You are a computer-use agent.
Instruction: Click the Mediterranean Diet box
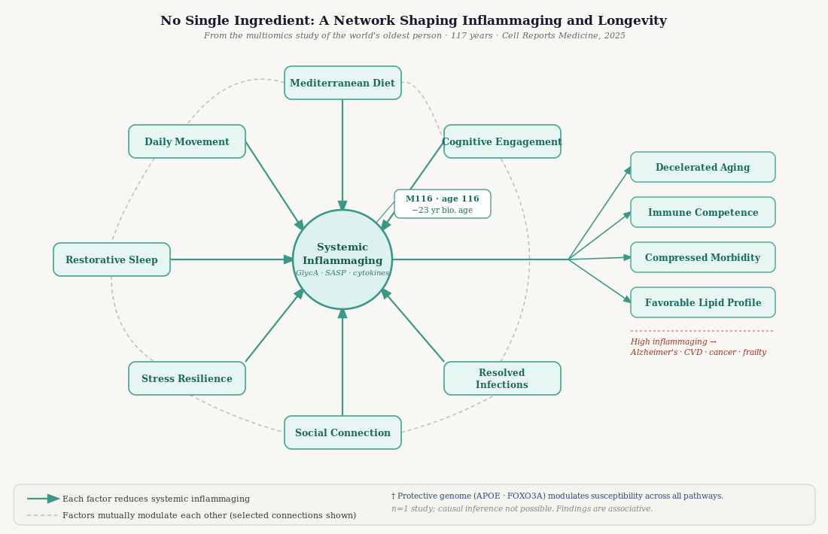(342, 83)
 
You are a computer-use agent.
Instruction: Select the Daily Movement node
(187, 141)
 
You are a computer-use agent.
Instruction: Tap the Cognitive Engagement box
(502, 141)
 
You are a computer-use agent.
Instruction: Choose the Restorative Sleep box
(111, 259)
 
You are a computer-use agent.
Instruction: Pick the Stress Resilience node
(187, 378)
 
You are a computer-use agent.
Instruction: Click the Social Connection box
(342, 432)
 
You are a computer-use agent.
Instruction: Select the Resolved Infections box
(502, 378)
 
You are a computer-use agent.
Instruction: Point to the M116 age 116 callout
(443, 204)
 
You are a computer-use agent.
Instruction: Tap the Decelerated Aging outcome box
(702, 167)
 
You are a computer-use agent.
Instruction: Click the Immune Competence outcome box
(702, 212)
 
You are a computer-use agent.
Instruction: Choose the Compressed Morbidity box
(702, 257)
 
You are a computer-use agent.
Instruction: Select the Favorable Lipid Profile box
(702, 302)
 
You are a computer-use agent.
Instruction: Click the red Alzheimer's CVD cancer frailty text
(698, 352)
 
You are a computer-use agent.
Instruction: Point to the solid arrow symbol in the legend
(44, 499)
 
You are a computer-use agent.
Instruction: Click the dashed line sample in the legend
(42, 515)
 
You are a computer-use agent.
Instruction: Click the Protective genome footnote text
(557, 496)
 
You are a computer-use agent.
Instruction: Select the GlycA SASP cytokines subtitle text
(342, 273)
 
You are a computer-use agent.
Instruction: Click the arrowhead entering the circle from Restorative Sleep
(289, 259)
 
